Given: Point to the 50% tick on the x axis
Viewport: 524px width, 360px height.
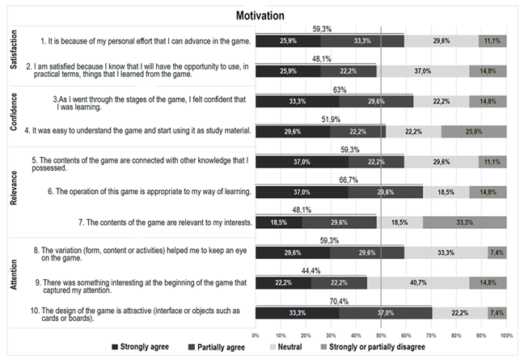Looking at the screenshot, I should (x=381, y=334).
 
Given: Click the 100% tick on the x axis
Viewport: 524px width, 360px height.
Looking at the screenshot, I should (x=506, y=334).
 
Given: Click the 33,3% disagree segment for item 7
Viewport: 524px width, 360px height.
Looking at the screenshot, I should (x=464, y=221).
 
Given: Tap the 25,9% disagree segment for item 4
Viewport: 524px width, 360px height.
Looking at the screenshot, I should (x=474, y=131).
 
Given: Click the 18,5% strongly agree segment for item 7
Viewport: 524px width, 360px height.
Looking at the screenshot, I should (x=278, y=221).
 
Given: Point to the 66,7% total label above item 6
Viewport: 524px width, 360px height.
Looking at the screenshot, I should (x=340, y=180).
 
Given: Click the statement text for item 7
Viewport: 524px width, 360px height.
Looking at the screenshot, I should (x=168, y=222).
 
